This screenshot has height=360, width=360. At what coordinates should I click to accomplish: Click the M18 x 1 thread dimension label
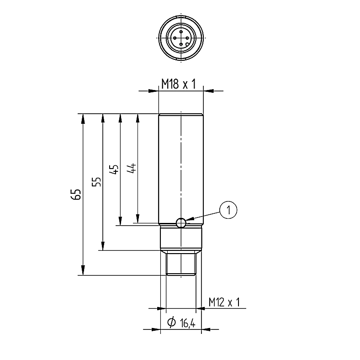click(179, 84)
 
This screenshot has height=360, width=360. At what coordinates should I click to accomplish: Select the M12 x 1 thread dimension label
click(224, 302)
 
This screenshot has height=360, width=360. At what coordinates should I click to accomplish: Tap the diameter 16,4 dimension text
click(181, 323)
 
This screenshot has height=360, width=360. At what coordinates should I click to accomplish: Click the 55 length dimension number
click(96, 182)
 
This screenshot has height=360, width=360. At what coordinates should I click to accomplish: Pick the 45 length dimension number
click(114, 169)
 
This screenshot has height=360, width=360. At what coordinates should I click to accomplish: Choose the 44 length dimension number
click(132, 168)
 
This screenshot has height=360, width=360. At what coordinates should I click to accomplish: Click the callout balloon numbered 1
click(228, 210)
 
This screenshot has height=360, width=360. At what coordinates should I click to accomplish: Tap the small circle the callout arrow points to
click(181, 222)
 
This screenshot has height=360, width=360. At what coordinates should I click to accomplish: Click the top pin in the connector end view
click(181, 32)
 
